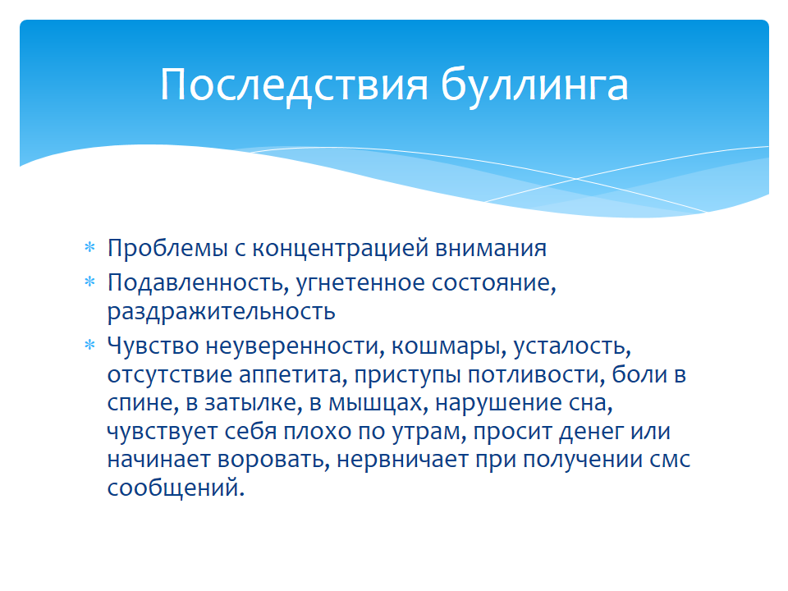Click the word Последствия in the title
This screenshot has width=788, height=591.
click(294, 85)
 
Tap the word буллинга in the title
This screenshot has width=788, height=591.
click(534, 85)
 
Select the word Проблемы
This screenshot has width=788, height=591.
click(167, 248)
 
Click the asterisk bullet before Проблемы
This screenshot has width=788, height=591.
click(90, 247)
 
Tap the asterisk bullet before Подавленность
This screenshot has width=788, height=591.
click(90, 282)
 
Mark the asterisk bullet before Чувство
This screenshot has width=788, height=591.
click(90, 346)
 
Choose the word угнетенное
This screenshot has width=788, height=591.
click(360, 283)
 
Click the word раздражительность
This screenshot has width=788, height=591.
click(221, 312)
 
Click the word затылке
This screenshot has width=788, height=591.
click(254, 403)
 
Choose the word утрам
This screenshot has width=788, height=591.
click(429, 432)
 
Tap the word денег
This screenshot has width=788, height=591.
click(592, 432)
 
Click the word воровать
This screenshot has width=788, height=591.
click(273, 460)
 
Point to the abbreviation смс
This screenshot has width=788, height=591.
click(670, 460)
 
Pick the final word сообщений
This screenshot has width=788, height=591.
click(176, 488)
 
